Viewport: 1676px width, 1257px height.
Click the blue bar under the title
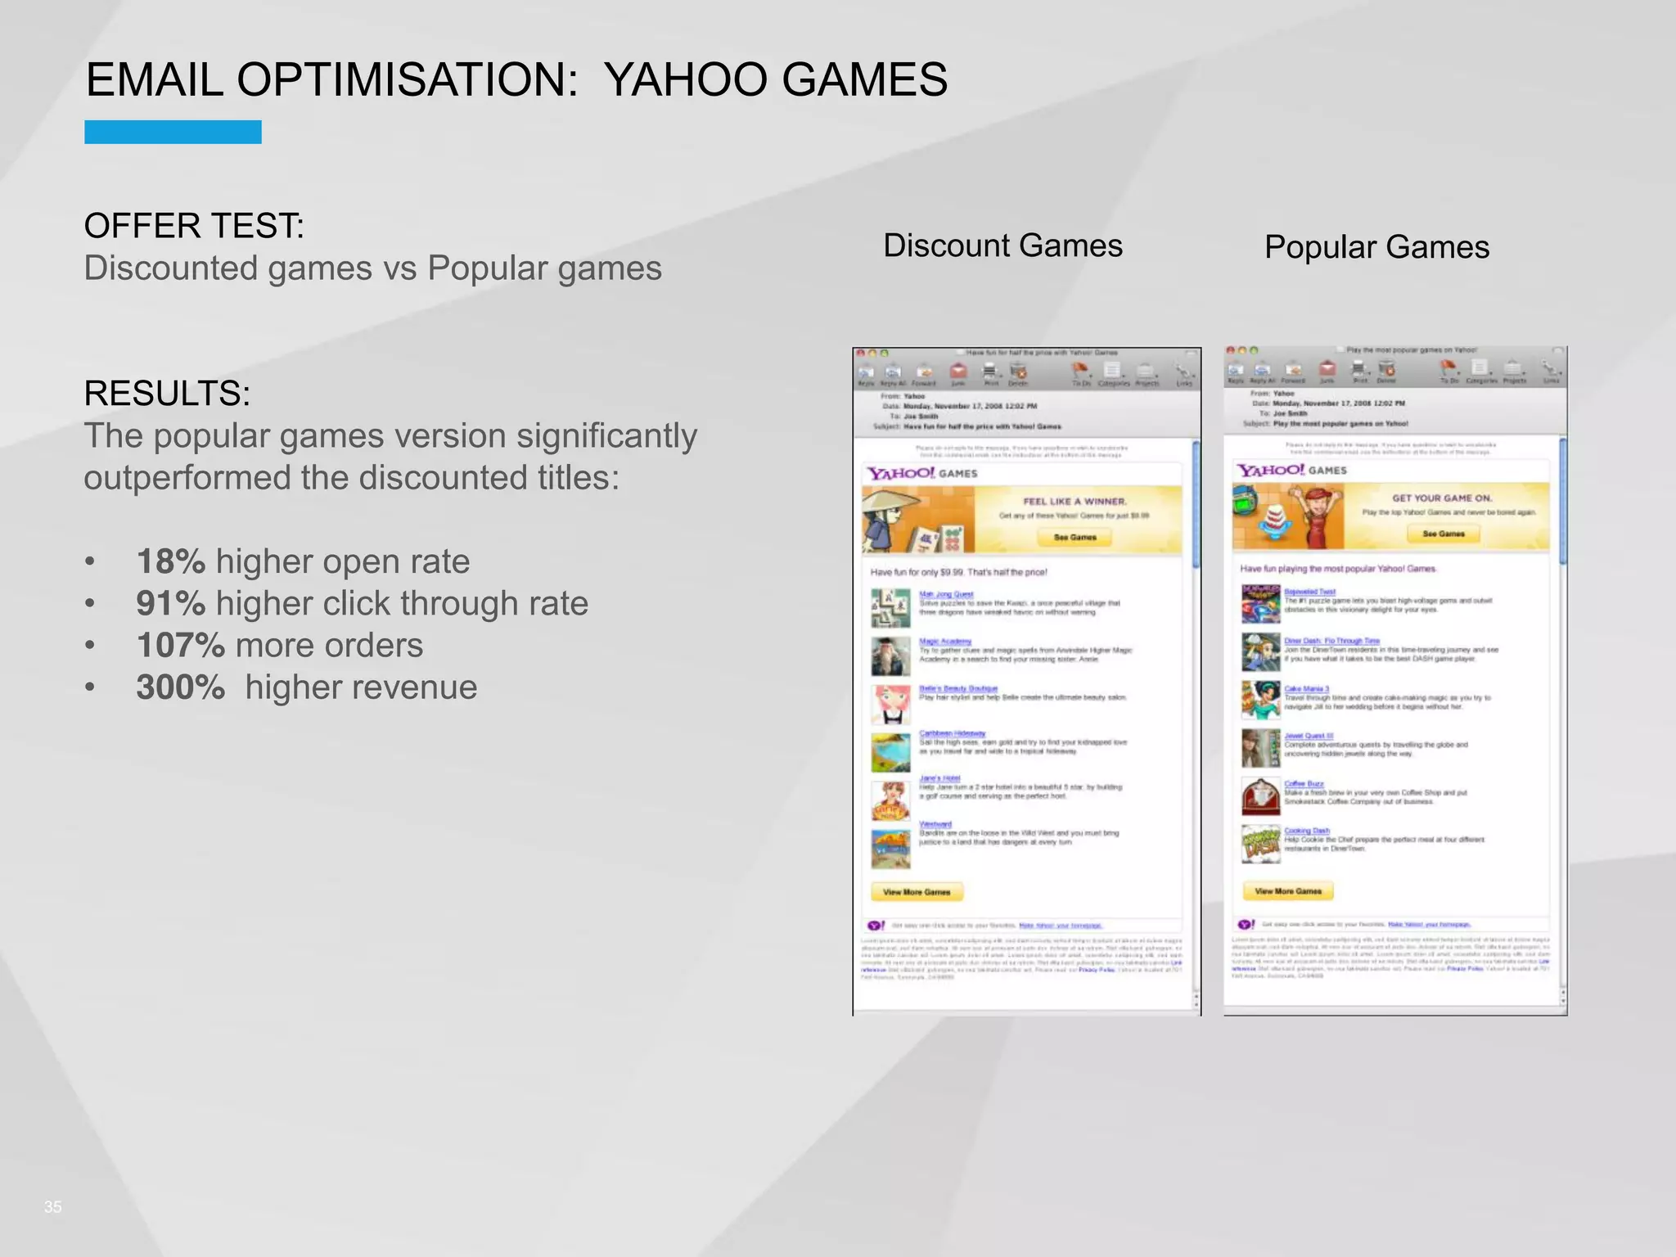[x=173, y=132]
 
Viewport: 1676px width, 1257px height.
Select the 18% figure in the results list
[x=170, y=561]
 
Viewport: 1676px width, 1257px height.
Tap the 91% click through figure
[x=170, y=603]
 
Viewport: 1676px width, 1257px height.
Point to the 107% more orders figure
[x=180, y=646]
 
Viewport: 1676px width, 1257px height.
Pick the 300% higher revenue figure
[x=180, y=687]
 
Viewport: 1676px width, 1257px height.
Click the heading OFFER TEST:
[x=194, y=226]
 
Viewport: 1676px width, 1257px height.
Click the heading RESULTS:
[x=167, y=394]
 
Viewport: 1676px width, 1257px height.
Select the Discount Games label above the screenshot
[x=1002, y=246]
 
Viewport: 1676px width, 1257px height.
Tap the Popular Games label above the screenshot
[x=1376, y=247]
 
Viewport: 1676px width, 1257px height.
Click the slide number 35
[x=52, y=1207]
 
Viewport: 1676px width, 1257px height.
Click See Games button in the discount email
[x=1075, y=538]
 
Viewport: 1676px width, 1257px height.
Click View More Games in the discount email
[x=917, y=892]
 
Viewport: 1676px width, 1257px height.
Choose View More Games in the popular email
[x=1288, y=891]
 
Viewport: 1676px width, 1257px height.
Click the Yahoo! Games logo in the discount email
[x=922, y=473]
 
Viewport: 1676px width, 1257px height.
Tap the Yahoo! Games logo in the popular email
[x=1291, y=470]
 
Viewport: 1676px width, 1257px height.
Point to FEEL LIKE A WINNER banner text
[x=1075, y=501]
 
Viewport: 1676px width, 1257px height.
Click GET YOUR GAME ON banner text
[x=1442, y=498]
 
